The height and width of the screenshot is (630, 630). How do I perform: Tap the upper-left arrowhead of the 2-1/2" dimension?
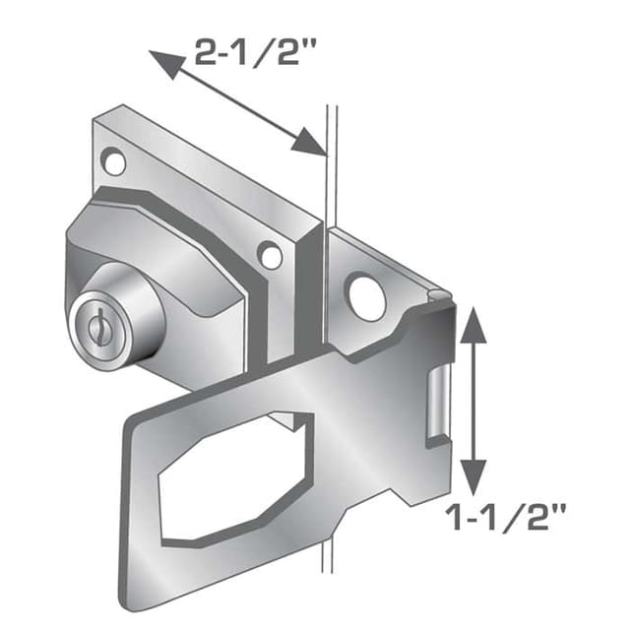[x=163, y=63]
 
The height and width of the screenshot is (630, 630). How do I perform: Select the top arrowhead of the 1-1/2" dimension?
[x=474, y=321]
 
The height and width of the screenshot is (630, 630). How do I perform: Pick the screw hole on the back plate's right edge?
[x=270, y=255]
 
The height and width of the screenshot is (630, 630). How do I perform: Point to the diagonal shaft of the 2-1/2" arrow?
[x=236, y=104]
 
